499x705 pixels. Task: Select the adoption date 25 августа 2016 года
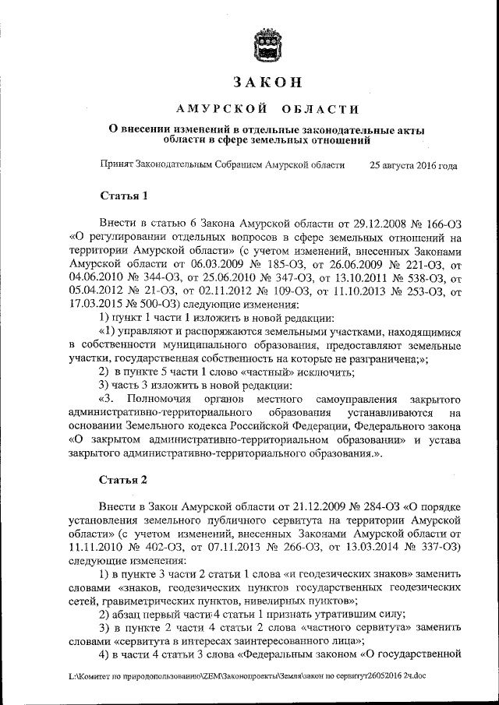[x=414, y=166]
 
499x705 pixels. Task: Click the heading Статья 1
[x=123, y=195]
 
